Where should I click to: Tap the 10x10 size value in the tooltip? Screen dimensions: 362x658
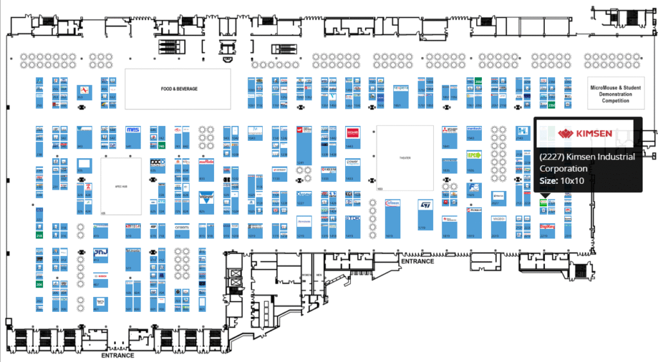[572, 181]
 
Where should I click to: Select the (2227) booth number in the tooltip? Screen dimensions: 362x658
[553, 157]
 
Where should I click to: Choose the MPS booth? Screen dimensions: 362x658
[133, 131]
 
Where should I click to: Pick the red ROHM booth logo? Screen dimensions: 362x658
[352, 132]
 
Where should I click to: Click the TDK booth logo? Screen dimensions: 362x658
[353, 219]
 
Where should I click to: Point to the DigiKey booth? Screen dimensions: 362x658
[547, 226]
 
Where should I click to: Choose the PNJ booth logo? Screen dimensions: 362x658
[101, 252]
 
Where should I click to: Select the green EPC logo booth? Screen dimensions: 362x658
[474, 155]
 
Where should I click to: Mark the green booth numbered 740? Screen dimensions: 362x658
[161, 147]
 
